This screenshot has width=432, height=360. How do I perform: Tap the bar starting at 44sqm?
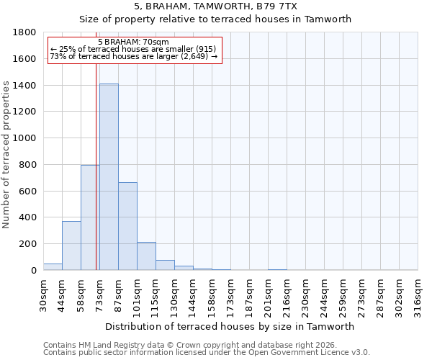(71, 246)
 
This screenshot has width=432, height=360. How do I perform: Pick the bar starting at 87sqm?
(127, 226)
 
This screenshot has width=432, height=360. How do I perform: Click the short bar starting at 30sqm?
(53, 266)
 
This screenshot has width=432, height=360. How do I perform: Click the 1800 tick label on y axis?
(25, 32)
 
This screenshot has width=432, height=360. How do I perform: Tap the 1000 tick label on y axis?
(25, 138)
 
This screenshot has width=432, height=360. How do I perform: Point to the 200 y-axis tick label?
(28, 244)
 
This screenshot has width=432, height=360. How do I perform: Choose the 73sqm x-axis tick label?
(99, 294)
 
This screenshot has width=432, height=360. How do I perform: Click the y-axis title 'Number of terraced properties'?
(7, 155)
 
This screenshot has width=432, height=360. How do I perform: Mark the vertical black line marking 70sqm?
(96, 180)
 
